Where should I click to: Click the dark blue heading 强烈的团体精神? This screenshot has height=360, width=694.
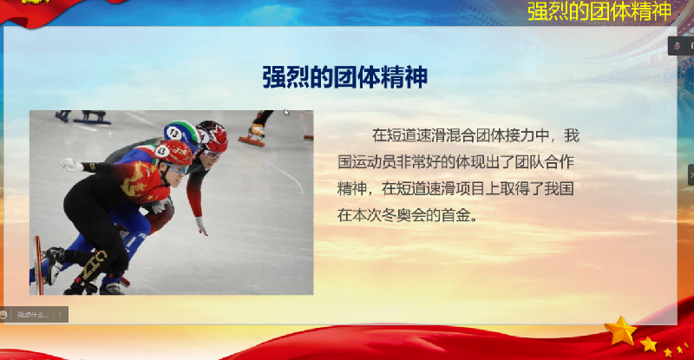point(344,77)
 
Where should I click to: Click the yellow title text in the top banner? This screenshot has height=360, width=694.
point(599,11)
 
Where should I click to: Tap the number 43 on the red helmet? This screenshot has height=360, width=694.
point(161,152)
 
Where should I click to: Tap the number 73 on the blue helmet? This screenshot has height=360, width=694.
point(174,133)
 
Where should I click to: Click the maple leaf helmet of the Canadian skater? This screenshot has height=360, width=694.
point(213,135)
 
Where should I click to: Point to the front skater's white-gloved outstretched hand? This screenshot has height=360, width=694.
point(72,165)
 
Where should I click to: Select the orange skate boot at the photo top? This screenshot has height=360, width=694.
point(253,134)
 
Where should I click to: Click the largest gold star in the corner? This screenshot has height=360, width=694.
point(620,331)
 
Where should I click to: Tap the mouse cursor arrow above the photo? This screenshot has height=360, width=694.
point(286,113)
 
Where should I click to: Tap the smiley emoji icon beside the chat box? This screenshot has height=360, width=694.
point(3,315)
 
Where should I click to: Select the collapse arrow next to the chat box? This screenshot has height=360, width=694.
point(60,315)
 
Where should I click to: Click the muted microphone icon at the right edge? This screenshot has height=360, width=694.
point(678,46)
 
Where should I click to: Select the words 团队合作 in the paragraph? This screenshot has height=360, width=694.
point(545,162)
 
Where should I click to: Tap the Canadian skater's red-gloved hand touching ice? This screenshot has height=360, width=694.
point(201,226)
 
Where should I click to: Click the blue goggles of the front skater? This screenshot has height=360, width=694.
point(179,168)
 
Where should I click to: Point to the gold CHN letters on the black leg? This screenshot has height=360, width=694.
point(94,265)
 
